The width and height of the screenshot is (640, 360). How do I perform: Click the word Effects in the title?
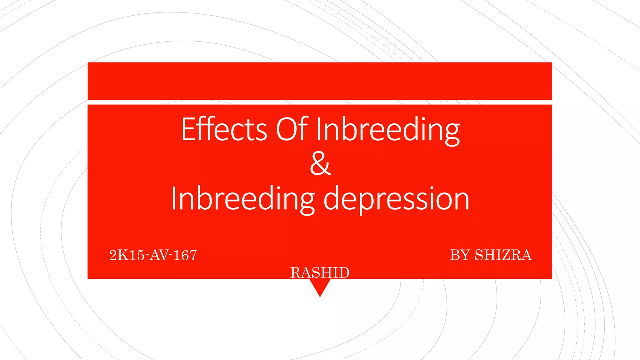[x=224, y=129]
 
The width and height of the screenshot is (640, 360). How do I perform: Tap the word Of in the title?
[x=292, y=129]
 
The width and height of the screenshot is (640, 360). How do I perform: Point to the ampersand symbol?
[x=320, y=164]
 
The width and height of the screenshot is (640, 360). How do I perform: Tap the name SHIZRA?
[x=503, y=255]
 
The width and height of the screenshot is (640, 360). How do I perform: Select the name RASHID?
[x=320, y=272]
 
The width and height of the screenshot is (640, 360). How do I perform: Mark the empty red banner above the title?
[x=320, y=81]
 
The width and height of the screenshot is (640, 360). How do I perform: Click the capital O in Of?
[x=287, y=129]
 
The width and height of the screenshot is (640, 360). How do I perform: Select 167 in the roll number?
[x=185, y=255]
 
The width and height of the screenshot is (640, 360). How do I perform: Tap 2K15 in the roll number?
[x=127, y=255]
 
